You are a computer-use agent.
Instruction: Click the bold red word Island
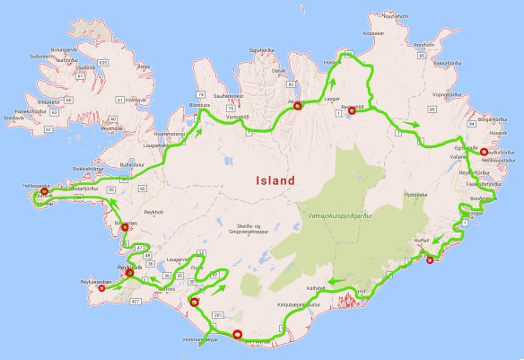(275, 180)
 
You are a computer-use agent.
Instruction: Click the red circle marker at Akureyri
(297, 107)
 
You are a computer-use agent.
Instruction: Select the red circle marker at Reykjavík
(130, 272)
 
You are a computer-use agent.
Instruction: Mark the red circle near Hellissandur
(44, 191)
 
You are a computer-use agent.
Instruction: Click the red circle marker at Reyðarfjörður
(483, 153)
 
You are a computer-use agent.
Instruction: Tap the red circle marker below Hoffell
(430, 260)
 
